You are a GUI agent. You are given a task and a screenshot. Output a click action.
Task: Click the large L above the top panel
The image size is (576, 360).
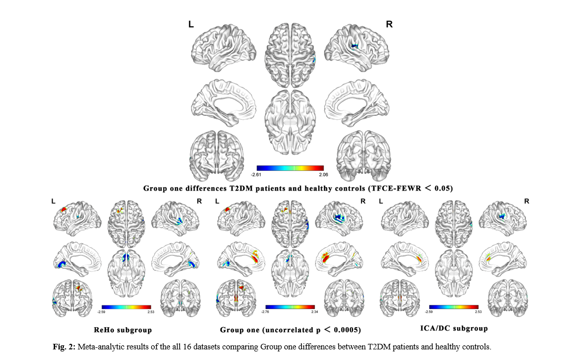(x=191, y=24)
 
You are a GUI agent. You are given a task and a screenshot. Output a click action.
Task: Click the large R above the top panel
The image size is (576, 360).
(x=389, y=24)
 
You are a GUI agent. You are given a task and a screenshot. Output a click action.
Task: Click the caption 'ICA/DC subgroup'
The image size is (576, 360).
(x=454, y=328)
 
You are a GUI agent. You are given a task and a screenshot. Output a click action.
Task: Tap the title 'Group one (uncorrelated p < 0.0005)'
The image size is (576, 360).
(x=290, y=330)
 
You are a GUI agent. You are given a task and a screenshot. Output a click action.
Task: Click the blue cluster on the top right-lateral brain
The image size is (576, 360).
(x=355, y=46)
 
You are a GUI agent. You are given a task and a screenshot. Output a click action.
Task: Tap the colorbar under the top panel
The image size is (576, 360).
(x=290, y=168)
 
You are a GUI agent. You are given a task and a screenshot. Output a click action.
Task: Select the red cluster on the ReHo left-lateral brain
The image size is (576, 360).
(x=63, y=209)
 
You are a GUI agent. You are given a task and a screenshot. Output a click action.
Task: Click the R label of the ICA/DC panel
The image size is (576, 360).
(x=526, y=201)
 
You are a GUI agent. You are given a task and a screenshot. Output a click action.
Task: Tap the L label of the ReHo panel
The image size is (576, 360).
(x=53, y=201)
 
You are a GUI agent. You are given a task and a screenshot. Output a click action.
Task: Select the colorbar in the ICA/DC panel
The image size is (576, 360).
(x=453, y=306)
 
